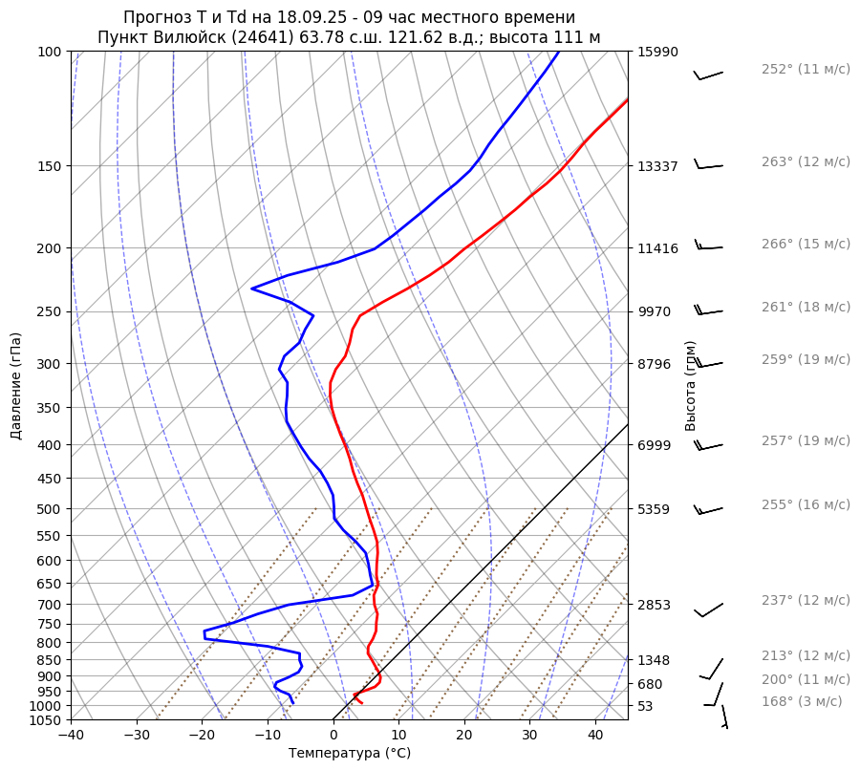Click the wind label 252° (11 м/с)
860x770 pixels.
click(806, 70)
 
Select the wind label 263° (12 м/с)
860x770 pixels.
click(806, 162)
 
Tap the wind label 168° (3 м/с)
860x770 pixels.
click(802, 702)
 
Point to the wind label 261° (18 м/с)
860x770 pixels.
click(806, 308)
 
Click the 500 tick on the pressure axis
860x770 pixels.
click(50, 509)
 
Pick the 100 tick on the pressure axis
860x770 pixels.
click(50, 52)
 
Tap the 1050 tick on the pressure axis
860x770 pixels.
click(46, 720)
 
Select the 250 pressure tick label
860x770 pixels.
click(50, 311)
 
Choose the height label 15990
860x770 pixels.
click(657, 52)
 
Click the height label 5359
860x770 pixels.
click(654, 509)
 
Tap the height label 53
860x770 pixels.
click(647, 706)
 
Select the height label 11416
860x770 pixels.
click(657, 248)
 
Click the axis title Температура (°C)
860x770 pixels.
click(350, 754)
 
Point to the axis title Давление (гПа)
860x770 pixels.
click(16, 386)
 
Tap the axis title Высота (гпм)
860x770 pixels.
click(691, 386)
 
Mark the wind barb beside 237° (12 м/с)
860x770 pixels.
click(708, 610)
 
